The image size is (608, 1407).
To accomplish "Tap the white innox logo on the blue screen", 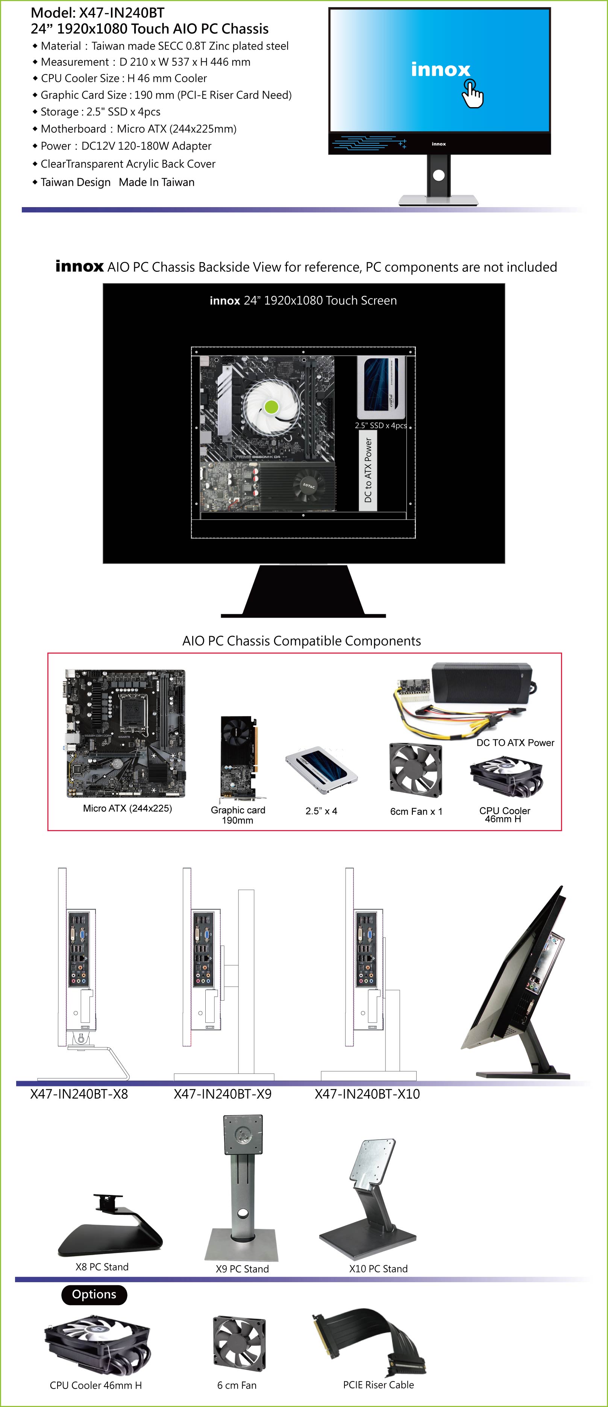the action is tap(440, 70).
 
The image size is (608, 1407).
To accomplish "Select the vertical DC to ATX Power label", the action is tap(368, 470).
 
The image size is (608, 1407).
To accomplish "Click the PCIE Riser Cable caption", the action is tap(378, 1384).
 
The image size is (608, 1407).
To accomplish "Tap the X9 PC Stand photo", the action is tap(241, 1187).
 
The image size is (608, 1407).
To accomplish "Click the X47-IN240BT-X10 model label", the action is tap(367, 1093).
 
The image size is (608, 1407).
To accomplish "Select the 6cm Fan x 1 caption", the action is tap(416, 811).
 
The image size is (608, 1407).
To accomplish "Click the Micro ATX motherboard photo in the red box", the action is tap(126, 733).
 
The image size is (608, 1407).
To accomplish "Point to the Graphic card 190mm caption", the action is tap(238, 815).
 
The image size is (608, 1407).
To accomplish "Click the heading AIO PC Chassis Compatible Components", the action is tap(302, 641).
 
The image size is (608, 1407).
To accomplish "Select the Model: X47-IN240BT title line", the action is tap(97, 12).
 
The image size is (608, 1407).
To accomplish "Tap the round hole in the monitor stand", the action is tap(439, 175).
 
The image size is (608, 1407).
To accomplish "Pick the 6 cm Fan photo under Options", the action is tap(239, 1343).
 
